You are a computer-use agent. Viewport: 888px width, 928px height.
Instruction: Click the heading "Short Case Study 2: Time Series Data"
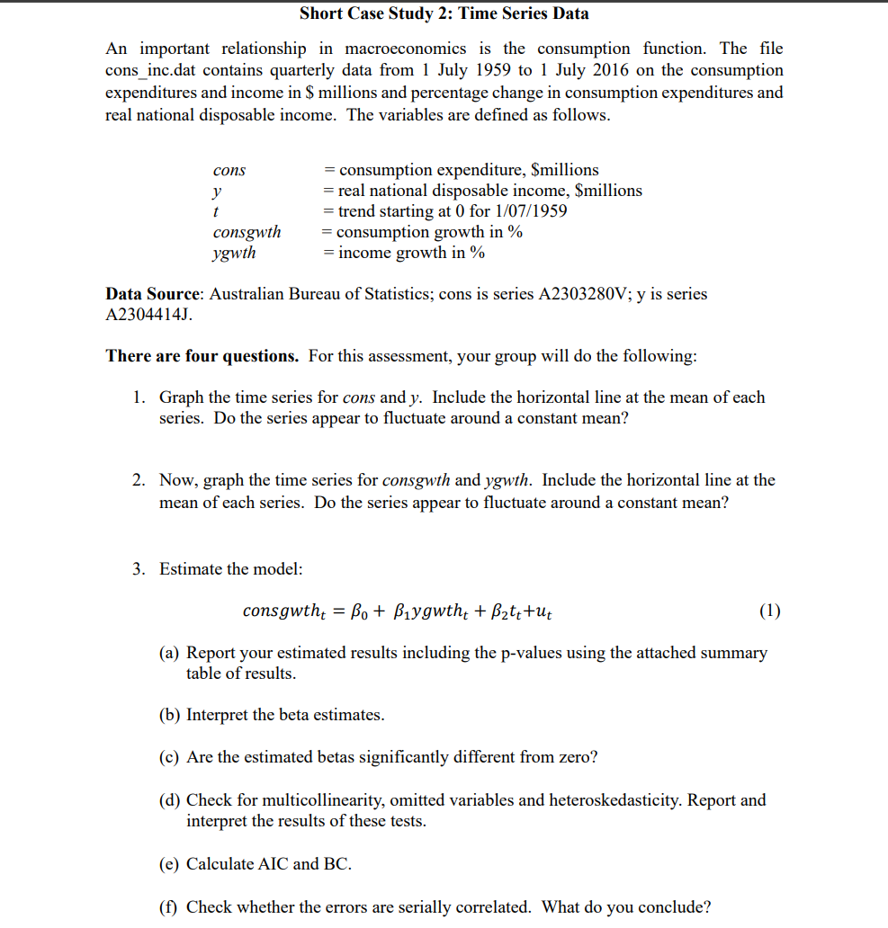[x=444, y=13]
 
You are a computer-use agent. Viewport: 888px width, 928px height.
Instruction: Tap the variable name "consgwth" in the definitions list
[x=247, y=232]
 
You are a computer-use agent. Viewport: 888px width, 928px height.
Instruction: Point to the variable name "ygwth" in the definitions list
[x=234, y=253]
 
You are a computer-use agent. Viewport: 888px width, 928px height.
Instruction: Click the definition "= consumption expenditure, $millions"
[x=461, y=170]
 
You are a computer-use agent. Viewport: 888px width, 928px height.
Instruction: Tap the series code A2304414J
[x=148, y=315]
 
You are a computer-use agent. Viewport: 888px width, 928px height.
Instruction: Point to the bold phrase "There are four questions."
[x=202, y=356]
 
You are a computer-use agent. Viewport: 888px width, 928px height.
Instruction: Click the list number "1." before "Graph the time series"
[x=140, y=397]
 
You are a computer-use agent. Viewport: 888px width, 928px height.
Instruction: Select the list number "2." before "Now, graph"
[x=140, y=480]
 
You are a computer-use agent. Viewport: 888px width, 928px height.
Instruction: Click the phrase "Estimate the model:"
[x=231, y=569]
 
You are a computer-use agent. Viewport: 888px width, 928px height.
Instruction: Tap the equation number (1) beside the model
[x=769, y=611]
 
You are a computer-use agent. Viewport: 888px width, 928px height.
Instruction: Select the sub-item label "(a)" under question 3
[x=170, y=653]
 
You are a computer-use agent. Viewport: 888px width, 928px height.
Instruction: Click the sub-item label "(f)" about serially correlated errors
[x=169, y=907]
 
